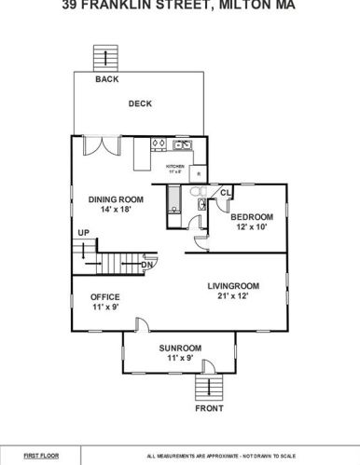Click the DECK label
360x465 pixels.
(x=140, y=103)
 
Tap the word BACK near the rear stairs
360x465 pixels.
(x=107, y=79)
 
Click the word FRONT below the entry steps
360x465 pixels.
(x=209, y=408)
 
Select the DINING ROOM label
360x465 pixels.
(x=115, y=198)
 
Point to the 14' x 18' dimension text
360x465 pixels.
(x=115, y=211)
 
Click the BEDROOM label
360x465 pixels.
(x=252, y=216)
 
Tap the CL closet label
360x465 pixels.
(x=225, y=194)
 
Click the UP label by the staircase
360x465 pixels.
(x=84, y=232)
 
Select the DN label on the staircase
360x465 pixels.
(x=146, y=265)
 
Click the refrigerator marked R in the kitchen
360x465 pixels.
(x=200, y=173)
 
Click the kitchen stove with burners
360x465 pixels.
(x=159, y=144)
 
